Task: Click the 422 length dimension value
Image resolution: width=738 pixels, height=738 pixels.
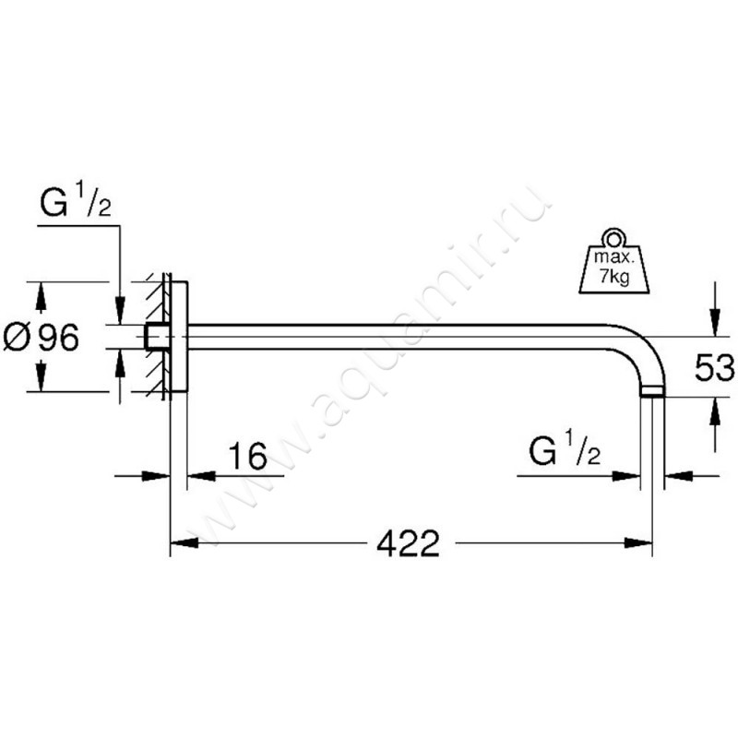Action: coord(408,543)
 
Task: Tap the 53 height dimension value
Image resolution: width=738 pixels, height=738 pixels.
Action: coord(714,367)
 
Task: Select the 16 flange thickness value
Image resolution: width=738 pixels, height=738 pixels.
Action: coord(247,456)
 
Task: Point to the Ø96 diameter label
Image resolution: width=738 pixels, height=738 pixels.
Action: coord(42,338)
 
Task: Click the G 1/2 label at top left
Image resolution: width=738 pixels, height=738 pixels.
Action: coord(76,201)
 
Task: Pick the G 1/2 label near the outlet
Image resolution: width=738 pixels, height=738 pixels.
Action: coord(565,450)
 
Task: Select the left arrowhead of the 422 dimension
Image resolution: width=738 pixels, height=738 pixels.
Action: coord(184,543)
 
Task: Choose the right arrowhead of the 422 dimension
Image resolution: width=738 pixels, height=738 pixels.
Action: coord(638,543)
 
